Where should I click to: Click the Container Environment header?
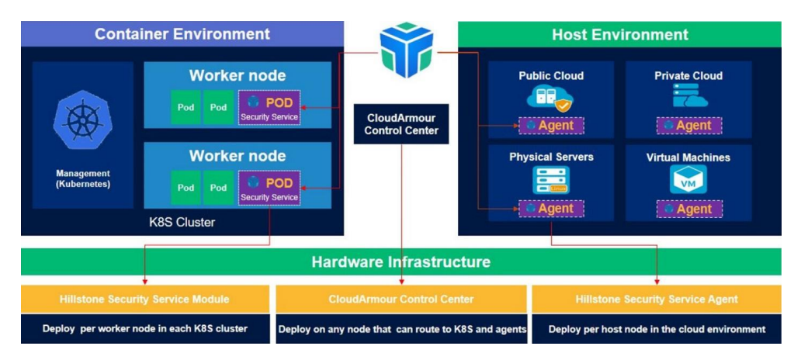(182, 34)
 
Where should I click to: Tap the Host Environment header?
(619, 34)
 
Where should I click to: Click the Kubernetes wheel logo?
(82, 122)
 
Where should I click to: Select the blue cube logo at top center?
(406, 50)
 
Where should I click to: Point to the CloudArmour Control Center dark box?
(401, 123)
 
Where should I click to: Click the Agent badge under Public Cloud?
(551, 126)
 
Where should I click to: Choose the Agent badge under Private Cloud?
(688, 126)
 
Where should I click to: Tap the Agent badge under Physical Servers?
(551, 209)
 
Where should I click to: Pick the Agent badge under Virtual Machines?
(688, 209)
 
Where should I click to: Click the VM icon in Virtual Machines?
(688, 180)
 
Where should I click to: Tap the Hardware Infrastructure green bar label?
(400, 261)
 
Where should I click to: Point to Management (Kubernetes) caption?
(82, 179)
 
